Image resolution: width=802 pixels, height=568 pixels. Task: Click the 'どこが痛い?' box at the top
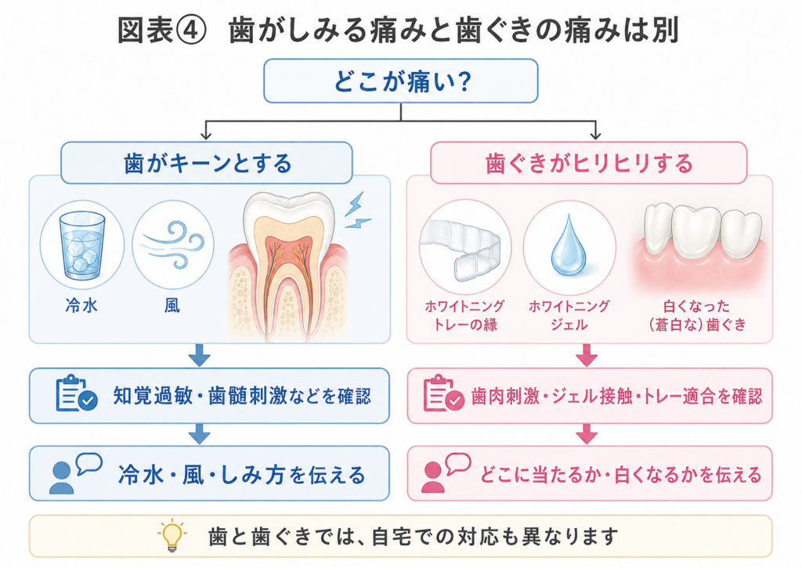pos(400,81)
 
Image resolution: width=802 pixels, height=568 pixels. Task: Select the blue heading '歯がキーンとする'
pos(207,163)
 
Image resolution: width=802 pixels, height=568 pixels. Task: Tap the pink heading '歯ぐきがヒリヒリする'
pos(589,163)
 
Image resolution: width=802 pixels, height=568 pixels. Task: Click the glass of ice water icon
pos(81,245)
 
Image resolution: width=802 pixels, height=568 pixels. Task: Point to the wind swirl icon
pos(174,244)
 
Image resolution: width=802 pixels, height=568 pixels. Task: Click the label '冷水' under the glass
pos(81,306)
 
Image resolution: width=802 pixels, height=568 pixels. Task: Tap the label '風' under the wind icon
pos(172,306)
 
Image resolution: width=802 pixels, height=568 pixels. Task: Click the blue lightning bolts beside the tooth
pos(357,211)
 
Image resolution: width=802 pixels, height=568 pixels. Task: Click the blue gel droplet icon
pos(569,246)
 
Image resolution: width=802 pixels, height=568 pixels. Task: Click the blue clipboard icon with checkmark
pos(76,393)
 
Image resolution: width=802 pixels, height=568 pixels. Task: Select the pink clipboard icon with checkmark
pos(443,393)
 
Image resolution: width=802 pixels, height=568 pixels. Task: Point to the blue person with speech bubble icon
pos(74,473)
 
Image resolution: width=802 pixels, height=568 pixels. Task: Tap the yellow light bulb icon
pos(172,536)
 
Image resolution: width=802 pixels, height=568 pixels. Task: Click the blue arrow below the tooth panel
pos(199,355)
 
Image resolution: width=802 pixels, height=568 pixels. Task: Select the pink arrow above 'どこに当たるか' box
pos(586,434)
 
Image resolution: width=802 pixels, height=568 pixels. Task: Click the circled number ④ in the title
pos(190,31)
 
